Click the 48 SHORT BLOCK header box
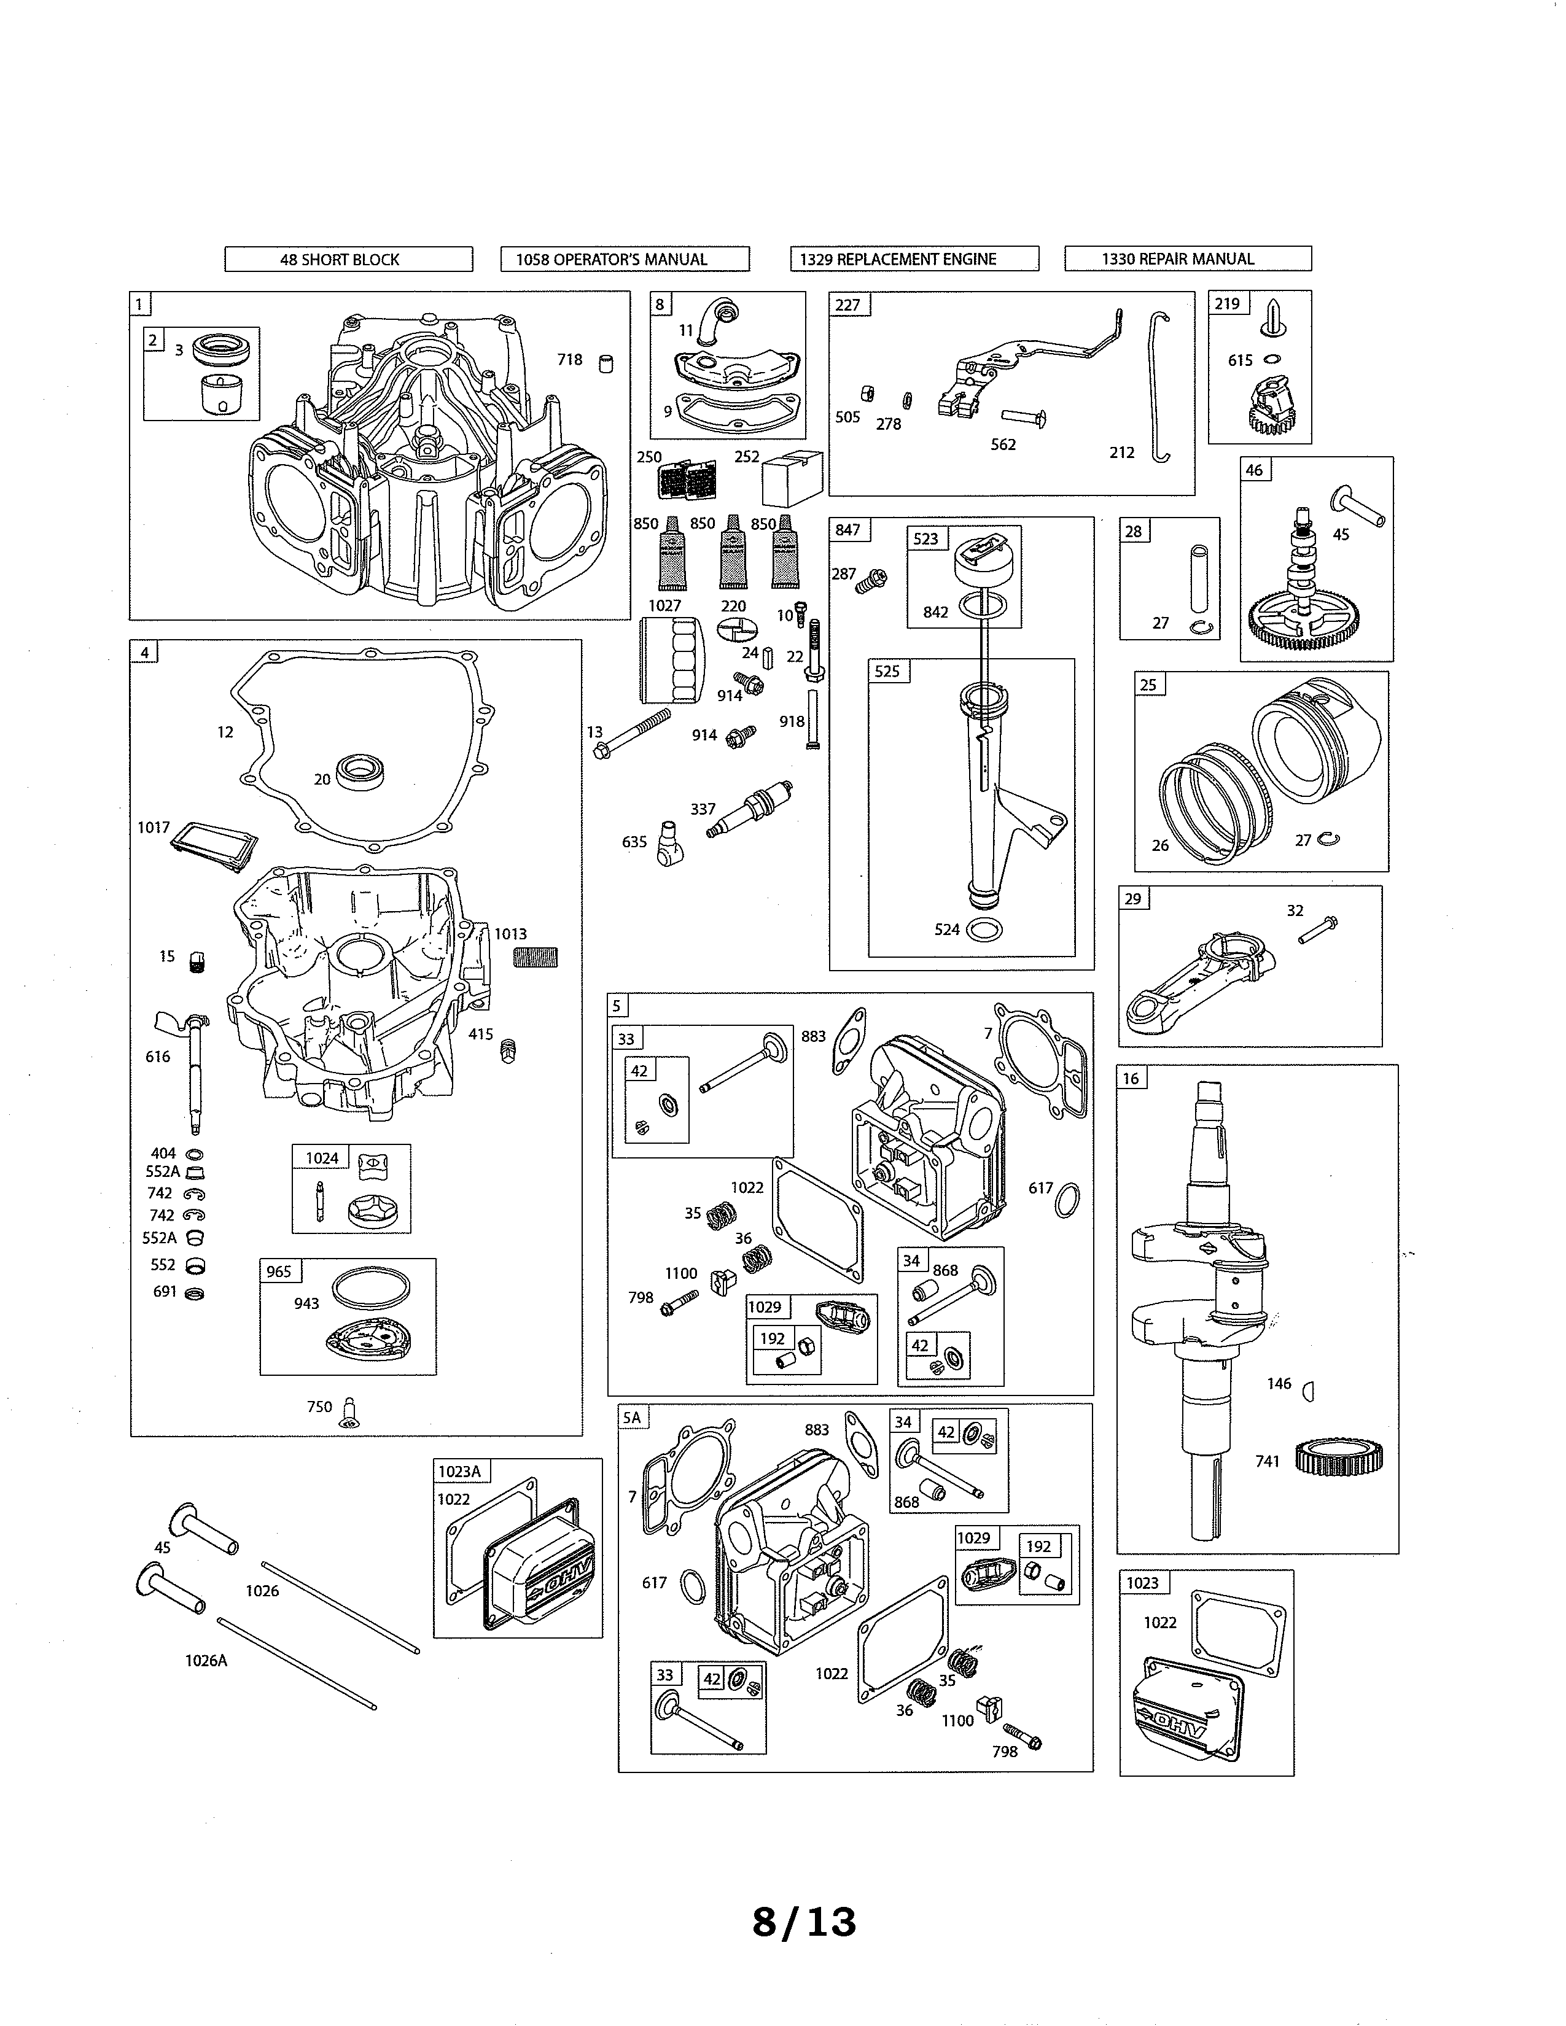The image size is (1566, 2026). (348, 259)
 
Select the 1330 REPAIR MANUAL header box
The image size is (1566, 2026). (1188, 259)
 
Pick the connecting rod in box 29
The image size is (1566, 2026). (1197, 985)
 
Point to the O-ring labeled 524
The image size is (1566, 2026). (983, 928)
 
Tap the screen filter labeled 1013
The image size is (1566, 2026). (536, 957)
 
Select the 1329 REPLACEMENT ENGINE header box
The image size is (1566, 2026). (914, 259)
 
